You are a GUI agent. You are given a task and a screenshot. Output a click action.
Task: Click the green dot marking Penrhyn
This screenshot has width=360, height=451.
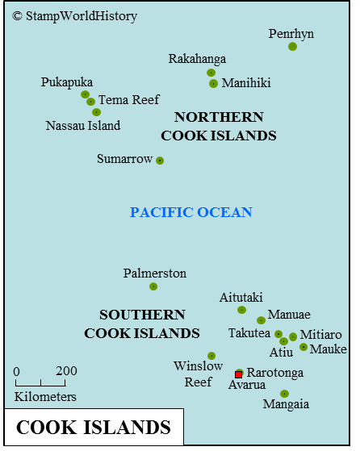[292, 46]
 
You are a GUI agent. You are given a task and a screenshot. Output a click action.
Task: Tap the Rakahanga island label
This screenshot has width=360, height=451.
[197, 59]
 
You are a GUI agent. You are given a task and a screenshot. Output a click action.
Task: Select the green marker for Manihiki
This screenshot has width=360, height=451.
[213, 83]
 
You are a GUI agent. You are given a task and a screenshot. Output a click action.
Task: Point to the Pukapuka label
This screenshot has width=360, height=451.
[67, 82]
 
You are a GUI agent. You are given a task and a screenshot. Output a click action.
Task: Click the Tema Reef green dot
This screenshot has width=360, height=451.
[90, 102]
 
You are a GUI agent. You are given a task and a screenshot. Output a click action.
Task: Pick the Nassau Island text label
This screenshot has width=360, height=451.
[83, 125]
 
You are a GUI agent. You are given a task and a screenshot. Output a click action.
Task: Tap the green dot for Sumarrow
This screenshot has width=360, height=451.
[160, 161]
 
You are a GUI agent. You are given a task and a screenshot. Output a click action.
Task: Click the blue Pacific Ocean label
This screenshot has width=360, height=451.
[191, 212]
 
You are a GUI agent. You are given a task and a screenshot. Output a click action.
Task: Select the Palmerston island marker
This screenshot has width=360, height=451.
[153, 286]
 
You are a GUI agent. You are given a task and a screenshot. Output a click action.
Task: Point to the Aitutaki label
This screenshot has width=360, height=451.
[241, 298]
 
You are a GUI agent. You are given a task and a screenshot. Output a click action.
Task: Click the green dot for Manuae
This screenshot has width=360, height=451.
[261, 320]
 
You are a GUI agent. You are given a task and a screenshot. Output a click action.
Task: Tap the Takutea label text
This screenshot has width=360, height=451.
[249, 333]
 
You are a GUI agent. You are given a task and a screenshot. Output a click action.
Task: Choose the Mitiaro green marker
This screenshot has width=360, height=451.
[293, 336]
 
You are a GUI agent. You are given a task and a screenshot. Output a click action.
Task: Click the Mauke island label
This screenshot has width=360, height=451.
[329, 349]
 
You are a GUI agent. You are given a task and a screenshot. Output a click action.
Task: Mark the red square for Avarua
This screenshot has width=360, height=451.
[238, 374]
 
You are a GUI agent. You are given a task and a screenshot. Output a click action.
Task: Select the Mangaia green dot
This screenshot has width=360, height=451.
[284, 394]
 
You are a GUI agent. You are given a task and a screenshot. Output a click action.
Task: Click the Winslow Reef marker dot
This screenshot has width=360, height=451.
[211, 356]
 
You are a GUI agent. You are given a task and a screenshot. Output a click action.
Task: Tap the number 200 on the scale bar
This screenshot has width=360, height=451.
[67, 371]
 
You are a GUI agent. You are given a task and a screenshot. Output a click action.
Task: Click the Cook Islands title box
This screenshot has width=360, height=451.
[94, 427]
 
